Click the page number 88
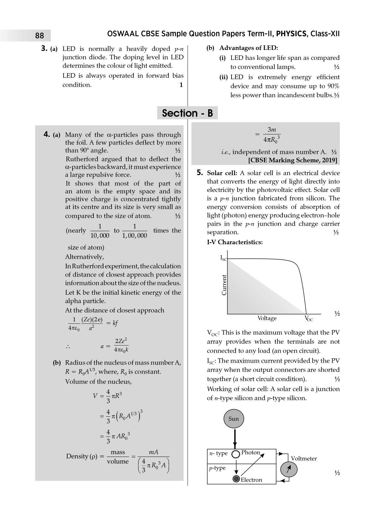point(40,36)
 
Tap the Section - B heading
point(187,113)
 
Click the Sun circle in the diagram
point(233,419)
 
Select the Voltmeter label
point(303,459)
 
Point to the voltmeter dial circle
point(289,469)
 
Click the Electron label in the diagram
point(251,480)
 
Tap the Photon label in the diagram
point(251,453)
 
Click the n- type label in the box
point(218,454)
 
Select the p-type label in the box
point(217,468)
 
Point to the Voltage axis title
point(267,318)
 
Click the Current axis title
point(224,285)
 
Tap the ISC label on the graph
point(223,258)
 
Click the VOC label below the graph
point(308,319)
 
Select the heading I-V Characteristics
point(235,242)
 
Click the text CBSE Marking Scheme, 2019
point(293,160)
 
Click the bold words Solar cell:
point(222,173)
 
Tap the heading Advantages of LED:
point(248,48)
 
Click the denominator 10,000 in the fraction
point(100,236)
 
